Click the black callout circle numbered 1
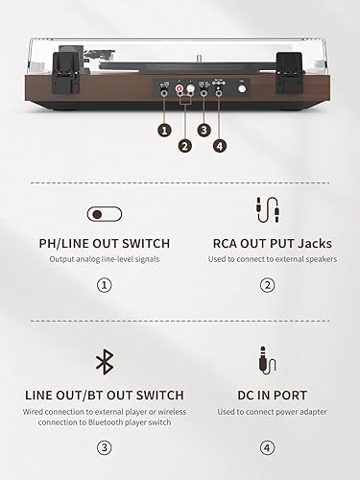[165, 129]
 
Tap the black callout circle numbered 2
[184, 146]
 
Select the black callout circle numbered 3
[204, 129]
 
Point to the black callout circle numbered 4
[222, 146]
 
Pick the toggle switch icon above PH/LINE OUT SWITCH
[104, 213]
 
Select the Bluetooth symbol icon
[104, 361]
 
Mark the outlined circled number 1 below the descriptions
[104, 284]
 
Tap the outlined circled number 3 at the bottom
[104, 446]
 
